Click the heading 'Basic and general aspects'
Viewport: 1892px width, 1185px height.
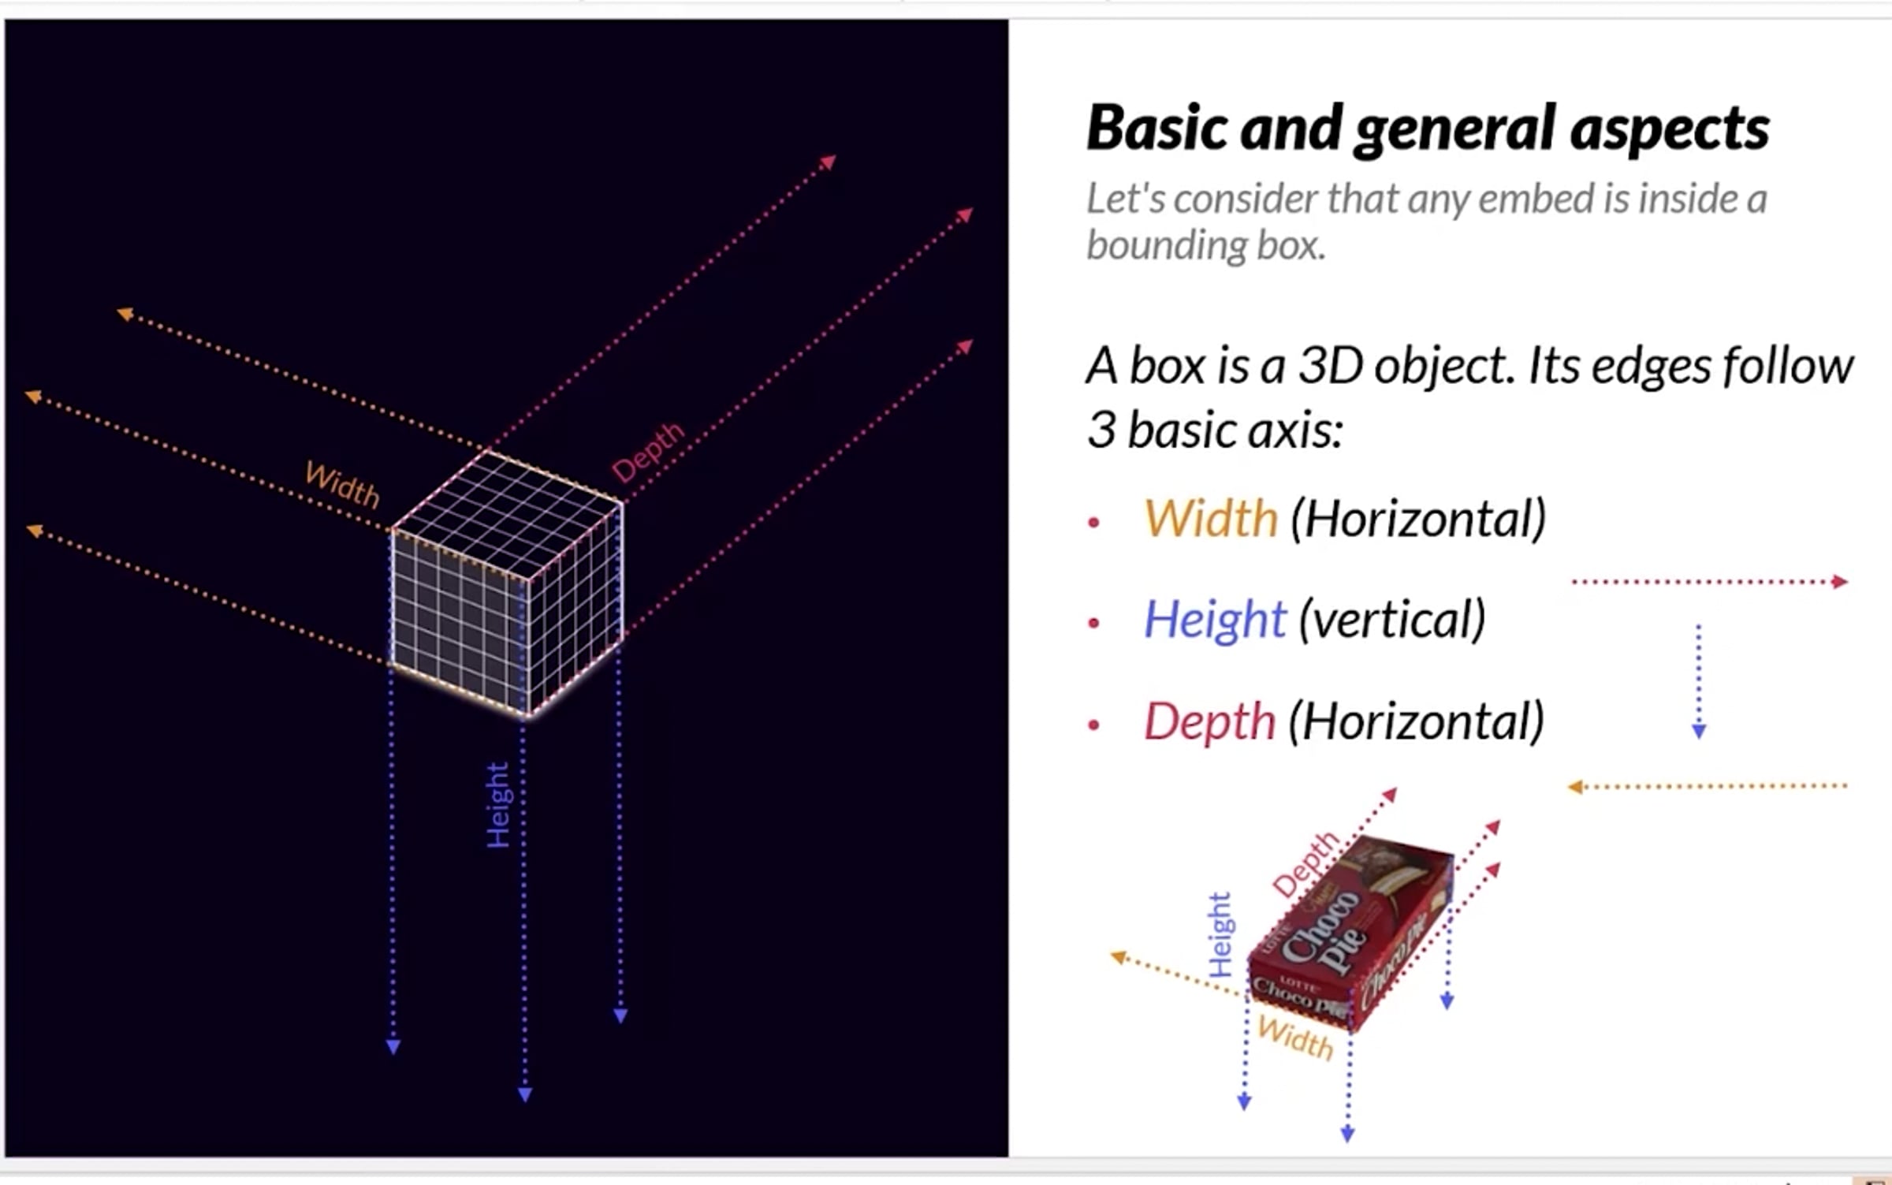[1427, 128]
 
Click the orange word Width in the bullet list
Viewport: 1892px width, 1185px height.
[1210, 519]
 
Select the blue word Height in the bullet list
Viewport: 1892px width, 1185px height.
[1215, 620]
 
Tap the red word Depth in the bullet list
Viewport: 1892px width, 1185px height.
[1209, 721]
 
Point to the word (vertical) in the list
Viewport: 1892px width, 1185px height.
[1391, 620]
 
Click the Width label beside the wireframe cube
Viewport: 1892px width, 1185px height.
[342, 484]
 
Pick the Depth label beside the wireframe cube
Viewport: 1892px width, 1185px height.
[648, 453]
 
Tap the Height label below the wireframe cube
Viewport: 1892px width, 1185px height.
[498, 805]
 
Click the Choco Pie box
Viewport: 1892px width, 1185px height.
[1352, 934]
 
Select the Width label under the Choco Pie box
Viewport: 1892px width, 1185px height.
[1295, 1038]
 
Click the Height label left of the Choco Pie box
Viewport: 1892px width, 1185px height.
[1220, 935]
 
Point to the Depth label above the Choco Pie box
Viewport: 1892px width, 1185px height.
[1305, 863]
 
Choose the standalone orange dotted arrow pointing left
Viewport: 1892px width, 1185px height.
[1707, 786]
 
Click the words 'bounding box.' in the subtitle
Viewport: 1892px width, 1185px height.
[1205, 245]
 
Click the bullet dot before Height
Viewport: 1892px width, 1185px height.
[1093, 623]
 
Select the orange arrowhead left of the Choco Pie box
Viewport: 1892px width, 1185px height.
[1118, 957]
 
